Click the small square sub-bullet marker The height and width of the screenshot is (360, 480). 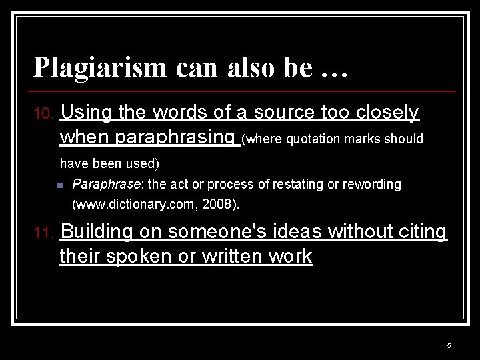60,185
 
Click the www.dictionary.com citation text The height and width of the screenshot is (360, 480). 133,204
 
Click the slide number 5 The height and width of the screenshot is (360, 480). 449,345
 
